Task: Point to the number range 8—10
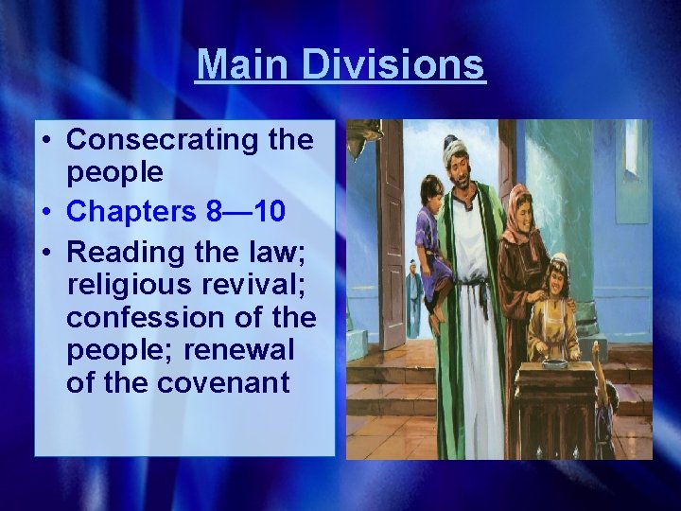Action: click(x=244, y=210)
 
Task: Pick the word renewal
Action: click(x=239, y=349)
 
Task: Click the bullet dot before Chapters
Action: click(x=46, y=211)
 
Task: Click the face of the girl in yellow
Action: click(x=558, y=279)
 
